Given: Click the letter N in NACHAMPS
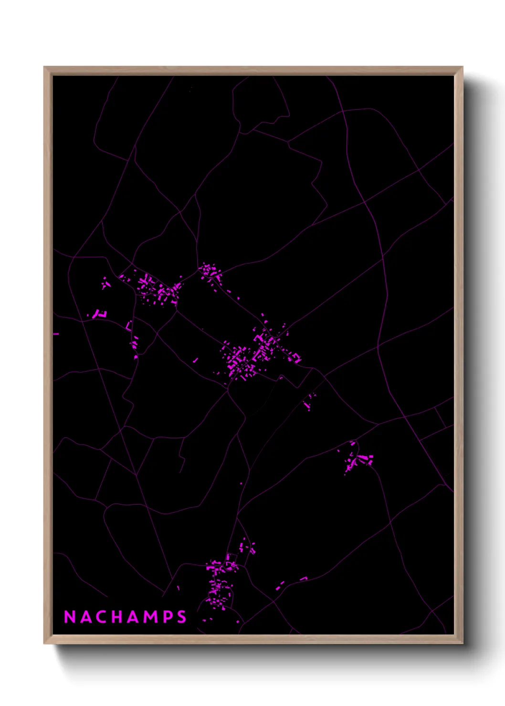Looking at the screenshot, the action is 70,617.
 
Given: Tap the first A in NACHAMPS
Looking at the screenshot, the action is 86,617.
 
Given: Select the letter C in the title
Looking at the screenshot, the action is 102,617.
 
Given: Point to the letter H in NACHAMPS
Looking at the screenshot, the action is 117,617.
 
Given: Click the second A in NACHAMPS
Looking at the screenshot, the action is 134,617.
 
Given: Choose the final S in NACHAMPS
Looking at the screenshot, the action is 181,617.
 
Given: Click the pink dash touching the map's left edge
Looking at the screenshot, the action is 56,334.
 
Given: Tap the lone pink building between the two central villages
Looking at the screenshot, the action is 195,360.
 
